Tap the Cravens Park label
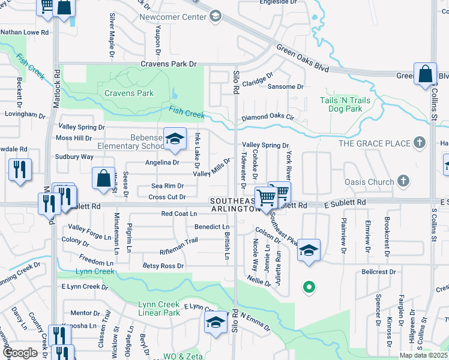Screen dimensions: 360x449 [x=128, y=93]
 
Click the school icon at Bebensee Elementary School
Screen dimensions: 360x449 [x=174, y=140]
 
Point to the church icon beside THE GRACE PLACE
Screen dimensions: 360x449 [x=420, y=143]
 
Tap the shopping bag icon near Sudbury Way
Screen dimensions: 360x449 [x=103, y=178]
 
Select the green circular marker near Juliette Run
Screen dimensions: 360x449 [x=309, y=287]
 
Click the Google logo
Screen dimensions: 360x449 [x=20, y=353]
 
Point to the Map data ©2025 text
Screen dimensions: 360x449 [x=423, y=355]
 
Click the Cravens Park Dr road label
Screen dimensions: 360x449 [x=169, y=64]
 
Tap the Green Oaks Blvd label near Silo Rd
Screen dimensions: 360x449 [x=303, y=58]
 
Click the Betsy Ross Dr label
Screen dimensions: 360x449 [x=163, y=265]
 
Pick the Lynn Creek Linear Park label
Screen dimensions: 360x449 [x=159, y=308]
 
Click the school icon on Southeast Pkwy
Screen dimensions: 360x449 [x=309, y=250]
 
